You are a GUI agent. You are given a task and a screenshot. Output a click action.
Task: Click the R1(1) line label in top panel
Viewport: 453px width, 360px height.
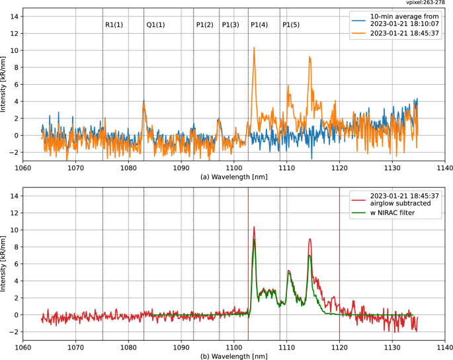[x=114, y=24]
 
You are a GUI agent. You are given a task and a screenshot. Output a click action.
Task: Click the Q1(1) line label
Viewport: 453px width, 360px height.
[x=155, y=24]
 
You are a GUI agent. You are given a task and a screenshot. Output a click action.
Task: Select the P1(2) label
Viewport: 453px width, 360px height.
[x=204, y=24]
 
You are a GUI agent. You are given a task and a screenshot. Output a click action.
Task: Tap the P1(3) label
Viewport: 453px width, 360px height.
[x=230, y=24]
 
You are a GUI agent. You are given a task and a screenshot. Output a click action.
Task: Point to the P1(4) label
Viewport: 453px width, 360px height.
[x=259, y=24]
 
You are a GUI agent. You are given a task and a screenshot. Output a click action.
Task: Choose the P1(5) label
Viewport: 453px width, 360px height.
[x=291, y=24]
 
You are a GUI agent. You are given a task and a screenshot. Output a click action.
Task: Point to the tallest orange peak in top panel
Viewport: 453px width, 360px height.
[x=254, y=48]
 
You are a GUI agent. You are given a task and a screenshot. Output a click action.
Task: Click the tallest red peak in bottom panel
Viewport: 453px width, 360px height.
[x=254, y=227]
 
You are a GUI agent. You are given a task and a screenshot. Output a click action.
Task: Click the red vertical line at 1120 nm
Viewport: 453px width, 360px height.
[x=339, y=265]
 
